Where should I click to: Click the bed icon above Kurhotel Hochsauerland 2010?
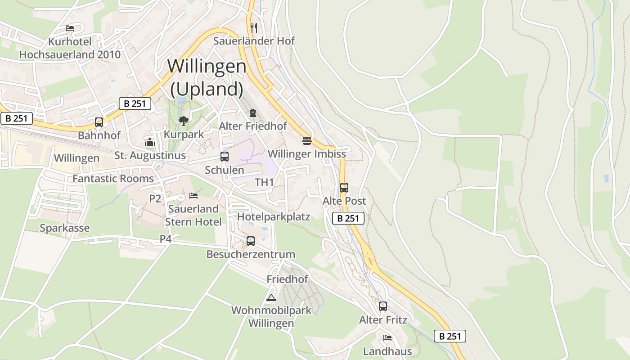70,28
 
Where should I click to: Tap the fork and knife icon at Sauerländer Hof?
254,27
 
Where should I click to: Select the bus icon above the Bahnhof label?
99,122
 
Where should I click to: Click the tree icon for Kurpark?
183,121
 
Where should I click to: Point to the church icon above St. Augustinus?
150,143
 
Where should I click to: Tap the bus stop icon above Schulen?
224,157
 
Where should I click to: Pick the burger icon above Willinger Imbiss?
307,141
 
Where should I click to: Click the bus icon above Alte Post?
344,187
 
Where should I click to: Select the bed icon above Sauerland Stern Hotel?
193,196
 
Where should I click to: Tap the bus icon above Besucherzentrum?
251,241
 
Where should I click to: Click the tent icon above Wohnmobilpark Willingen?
271,297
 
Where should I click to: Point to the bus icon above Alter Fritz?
383,306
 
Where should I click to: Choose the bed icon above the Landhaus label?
387,337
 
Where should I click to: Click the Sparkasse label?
64,228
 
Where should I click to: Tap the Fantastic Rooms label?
113,179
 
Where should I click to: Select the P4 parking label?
166,239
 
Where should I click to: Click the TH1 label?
264,182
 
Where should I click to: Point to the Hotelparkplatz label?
274,217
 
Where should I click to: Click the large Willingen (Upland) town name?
207,78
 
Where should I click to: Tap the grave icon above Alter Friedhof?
253,112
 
